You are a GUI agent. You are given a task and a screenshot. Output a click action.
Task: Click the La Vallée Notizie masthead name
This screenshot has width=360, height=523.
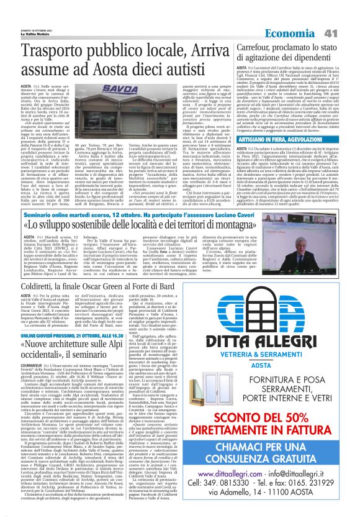pyautogui.click(x=24, y=16)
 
